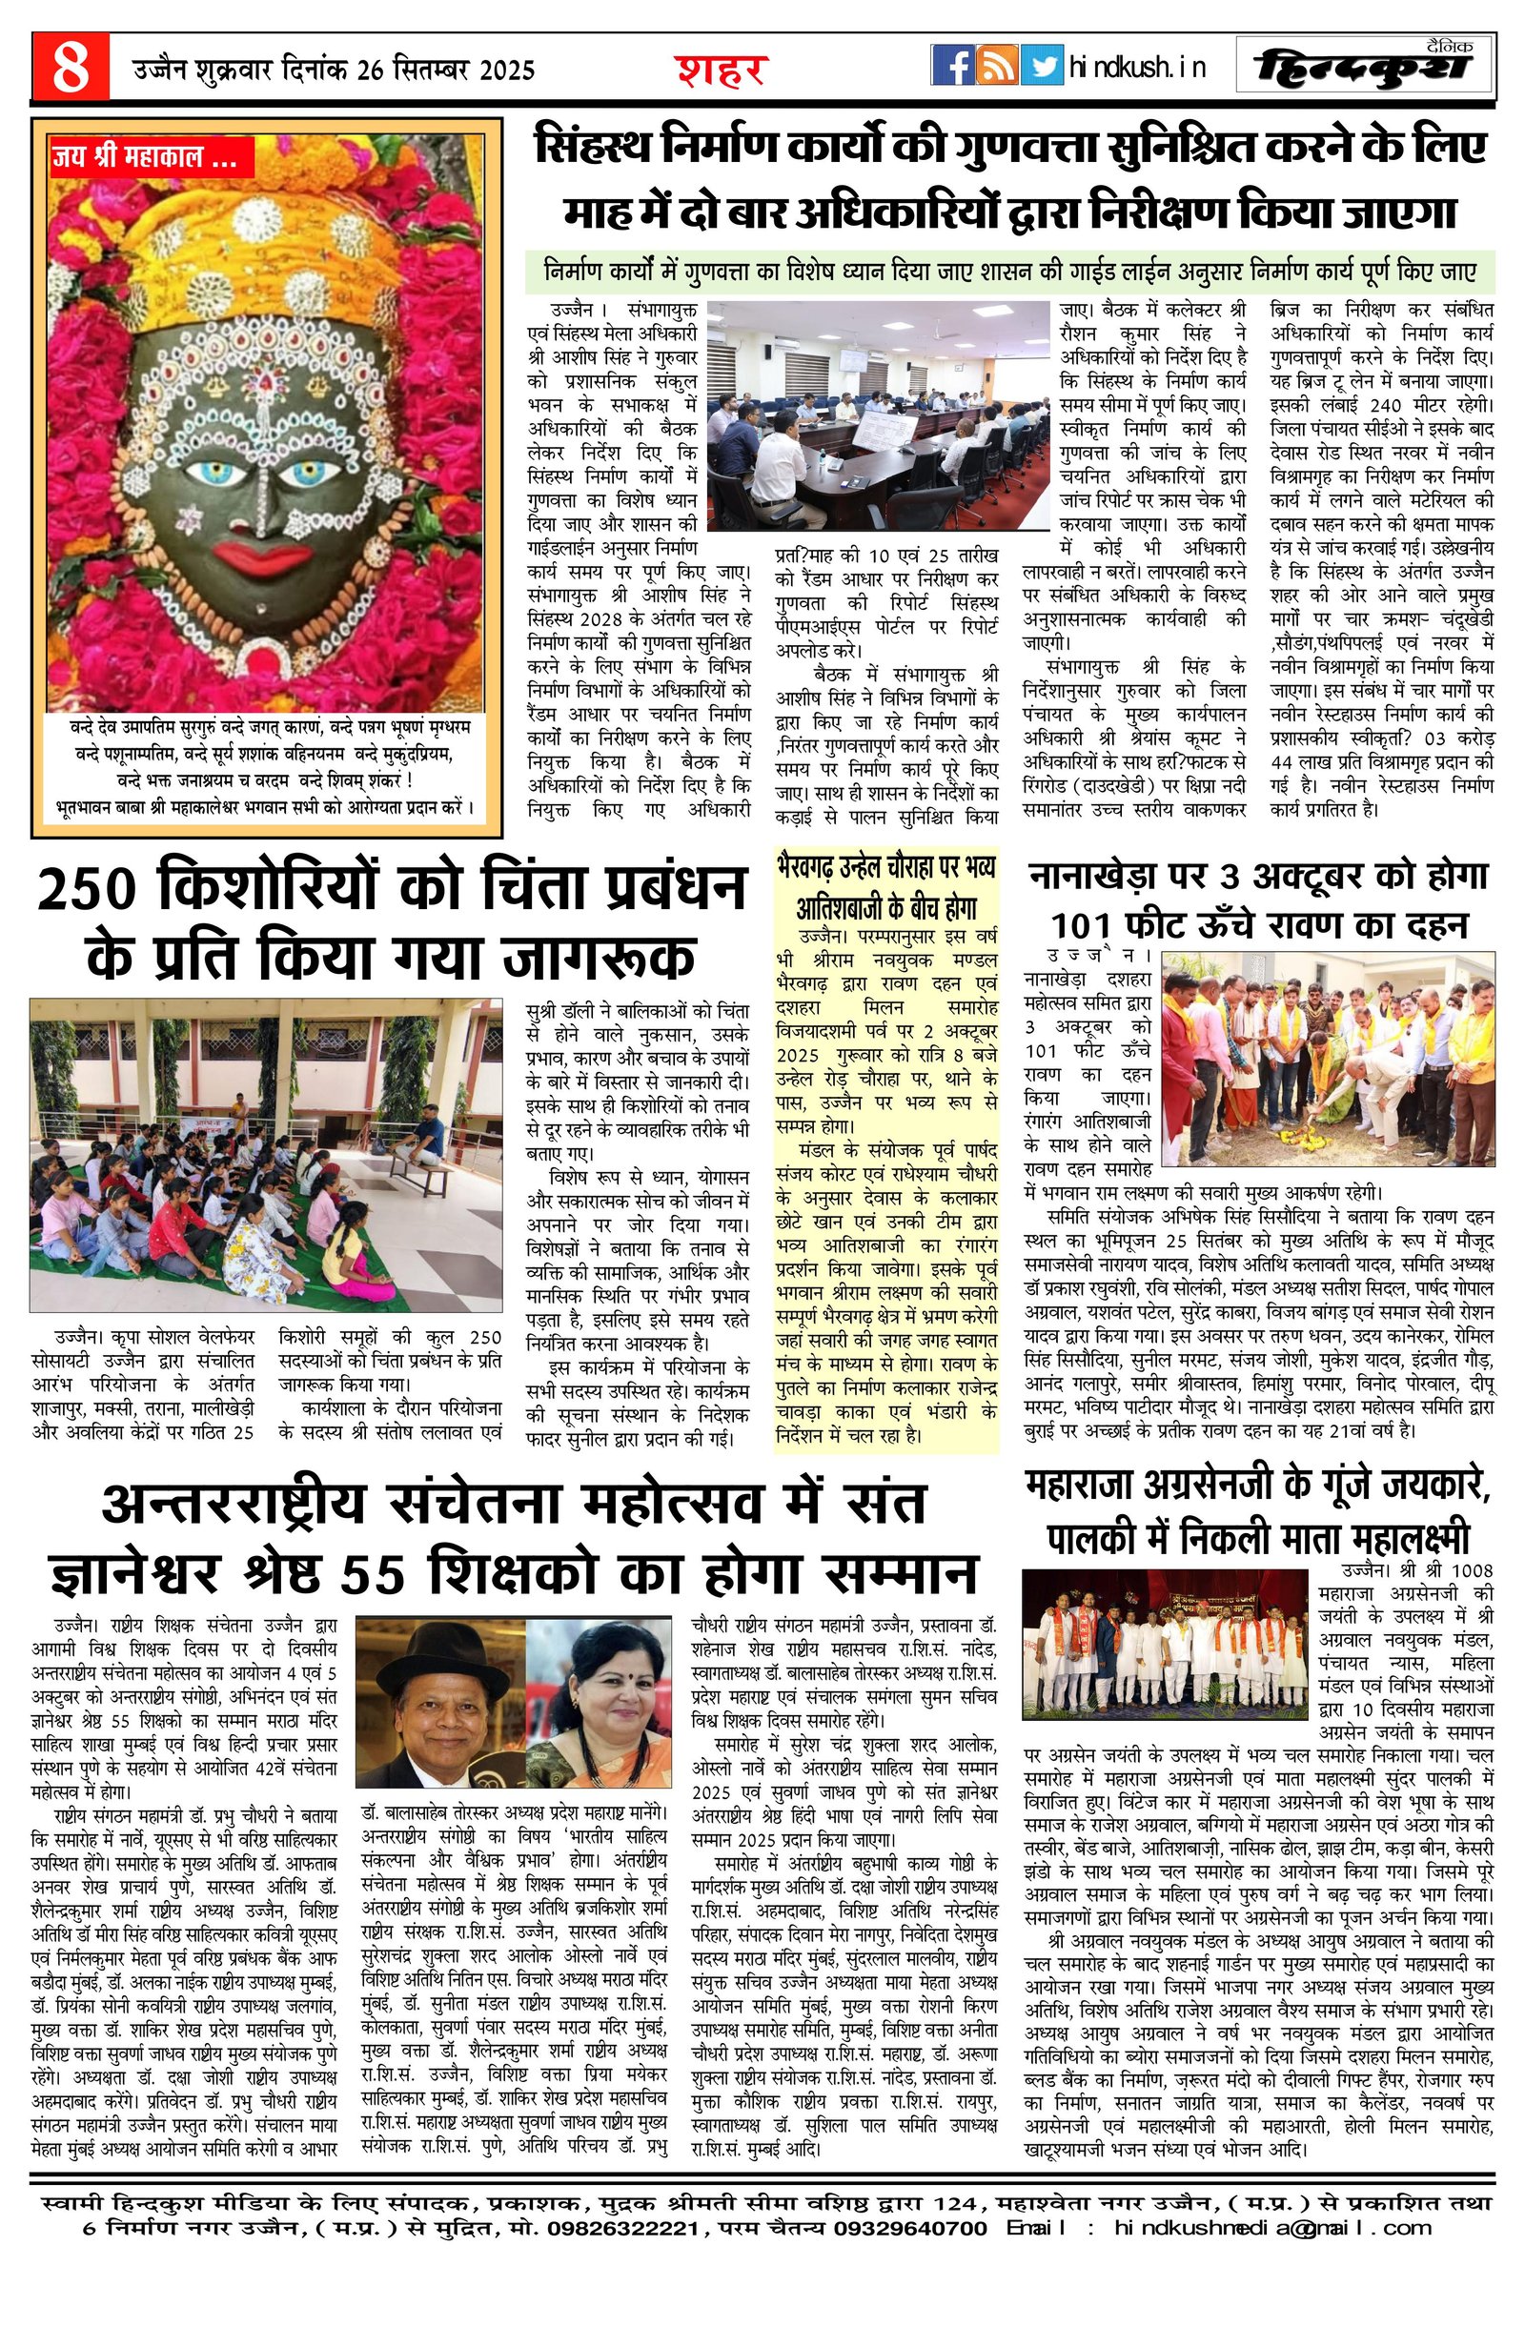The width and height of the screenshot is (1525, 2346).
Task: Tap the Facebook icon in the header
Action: [952, 66]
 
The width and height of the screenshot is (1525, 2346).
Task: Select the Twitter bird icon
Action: [1041, 66]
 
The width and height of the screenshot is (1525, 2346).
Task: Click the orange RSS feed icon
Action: [997, 66]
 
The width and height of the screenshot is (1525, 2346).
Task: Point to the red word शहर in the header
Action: [721, 69]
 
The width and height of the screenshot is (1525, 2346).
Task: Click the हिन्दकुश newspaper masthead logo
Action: [1364, 67]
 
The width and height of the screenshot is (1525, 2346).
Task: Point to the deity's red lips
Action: [261, 558]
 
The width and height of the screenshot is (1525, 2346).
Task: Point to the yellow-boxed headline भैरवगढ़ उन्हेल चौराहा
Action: [885, 885]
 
